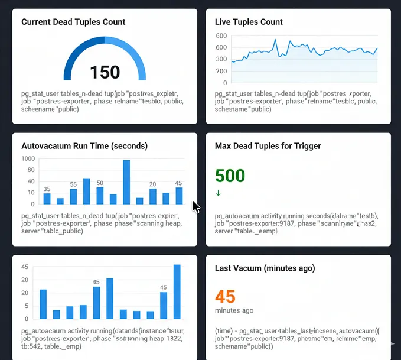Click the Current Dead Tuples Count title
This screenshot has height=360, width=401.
click(x=73, y=22)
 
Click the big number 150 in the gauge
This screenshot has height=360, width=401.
click(x=105, y=72)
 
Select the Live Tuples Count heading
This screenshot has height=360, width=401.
click(x=249, y=22)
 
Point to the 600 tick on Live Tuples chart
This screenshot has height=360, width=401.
click(x=221, y=35)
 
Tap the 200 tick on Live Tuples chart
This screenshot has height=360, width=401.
click(x=221, y=70)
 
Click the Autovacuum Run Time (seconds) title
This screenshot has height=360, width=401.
click(x=84, y=145)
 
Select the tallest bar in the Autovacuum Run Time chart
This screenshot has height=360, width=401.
click(x=126, y=182)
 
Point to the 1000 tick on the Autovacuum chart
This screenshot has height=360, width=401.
click(x=28, y=159)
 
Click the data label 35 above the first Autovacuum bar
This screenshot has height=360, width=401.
click(x=47, y=189)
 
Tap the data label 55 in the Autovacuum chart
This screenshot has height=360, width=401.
click(x=73, y=184)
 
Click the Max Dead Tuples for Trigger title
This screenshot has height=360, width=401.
click(x=268, y=145)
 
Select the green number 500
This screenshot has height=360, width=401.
click(x=230, y=176)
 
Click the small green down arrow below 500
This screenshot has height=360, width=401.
click(x=218, y=193)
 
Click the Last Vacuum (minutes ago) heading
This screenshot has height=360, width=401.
click(x=265, y=268)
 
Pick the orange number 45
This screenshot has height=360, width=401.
click(x=225, y=296)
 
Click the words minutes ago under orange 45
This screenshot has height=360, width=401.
click(x=234, y=310)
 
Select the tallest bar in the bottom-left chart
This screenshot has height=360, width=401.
click(x=177, y=291)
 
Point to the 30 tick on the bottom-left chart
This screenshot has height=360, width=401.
click(x=25, y=280)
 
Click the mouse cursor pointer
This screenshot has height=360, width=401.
click(x=196, y=207)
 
